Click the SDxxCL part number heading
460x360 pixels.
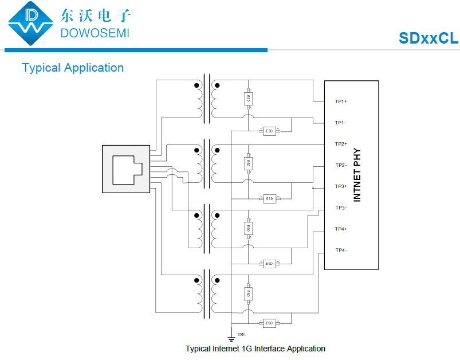click(428, 38)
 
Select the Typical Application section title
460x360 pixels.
click(73, 68)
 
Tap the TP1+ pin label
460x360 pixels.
click(341, 101)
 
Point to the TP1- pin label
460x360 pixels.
click(340, 123)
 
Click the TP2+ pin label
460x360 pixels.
click(341, 144)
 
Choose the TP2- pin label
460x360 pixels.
click(340, 165)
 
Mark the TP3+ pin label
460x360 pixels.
click(341, 186)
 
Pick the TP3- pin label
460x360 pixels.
click(340, 208)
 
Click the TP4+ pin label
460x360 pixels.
click(341, 229)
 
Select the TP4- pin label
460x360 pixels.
click(340, 250)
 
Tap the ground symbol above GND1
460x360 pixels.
click(231, 338)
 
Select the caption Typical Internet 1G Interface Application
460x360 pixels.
click(255, 349)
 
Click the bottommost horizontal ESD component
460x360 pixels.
click(269, 323)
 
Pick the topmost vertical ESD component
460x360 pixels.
click(248, 99)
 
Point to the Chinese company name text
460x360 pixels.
click(95, 14)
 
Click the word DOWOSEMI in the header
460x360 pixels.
click(95, 32)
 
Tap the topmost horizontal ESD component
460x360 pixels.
click(269, 131)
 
